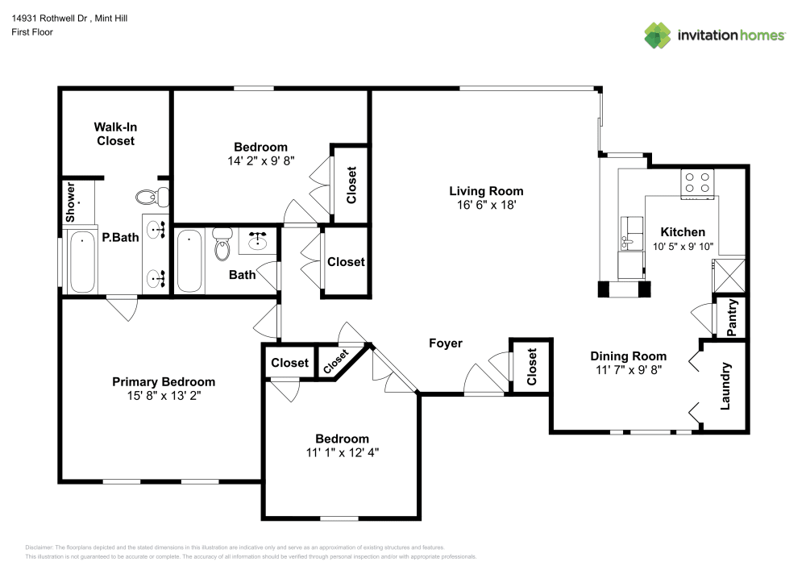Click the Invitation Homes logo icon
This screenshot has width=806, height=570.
pos(657,35)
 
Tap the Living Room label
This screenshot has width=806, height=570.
pos(486,191)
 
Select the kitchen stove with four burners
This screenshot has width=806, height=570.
pos(698,184)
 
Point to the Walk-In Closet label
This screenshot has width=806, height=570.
pos(115,134)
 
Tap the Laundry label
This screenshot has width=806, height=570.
pos(725,385)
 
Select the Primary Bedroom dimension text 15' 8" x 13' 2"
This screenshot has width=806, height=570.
pos(164,396)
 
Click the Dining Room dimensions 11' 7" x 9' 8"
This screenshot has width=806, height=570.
pos(628,370)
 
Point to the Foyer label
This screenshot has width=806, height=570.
pos(445,343)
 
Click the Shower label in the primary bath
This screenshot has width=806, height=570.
pos(71,202)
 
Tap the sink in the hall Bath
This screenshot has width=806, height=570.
pos(259,240)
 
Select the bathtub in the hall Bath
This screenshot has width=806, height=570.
pos(189,261)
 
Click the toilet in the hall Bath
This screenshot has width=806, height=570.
pos(222,245)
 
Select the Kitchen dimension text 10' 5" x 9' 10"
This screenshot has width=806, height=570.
pos(683,247)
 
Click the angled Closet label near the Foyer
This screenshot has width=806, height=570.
pos(336,361)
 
